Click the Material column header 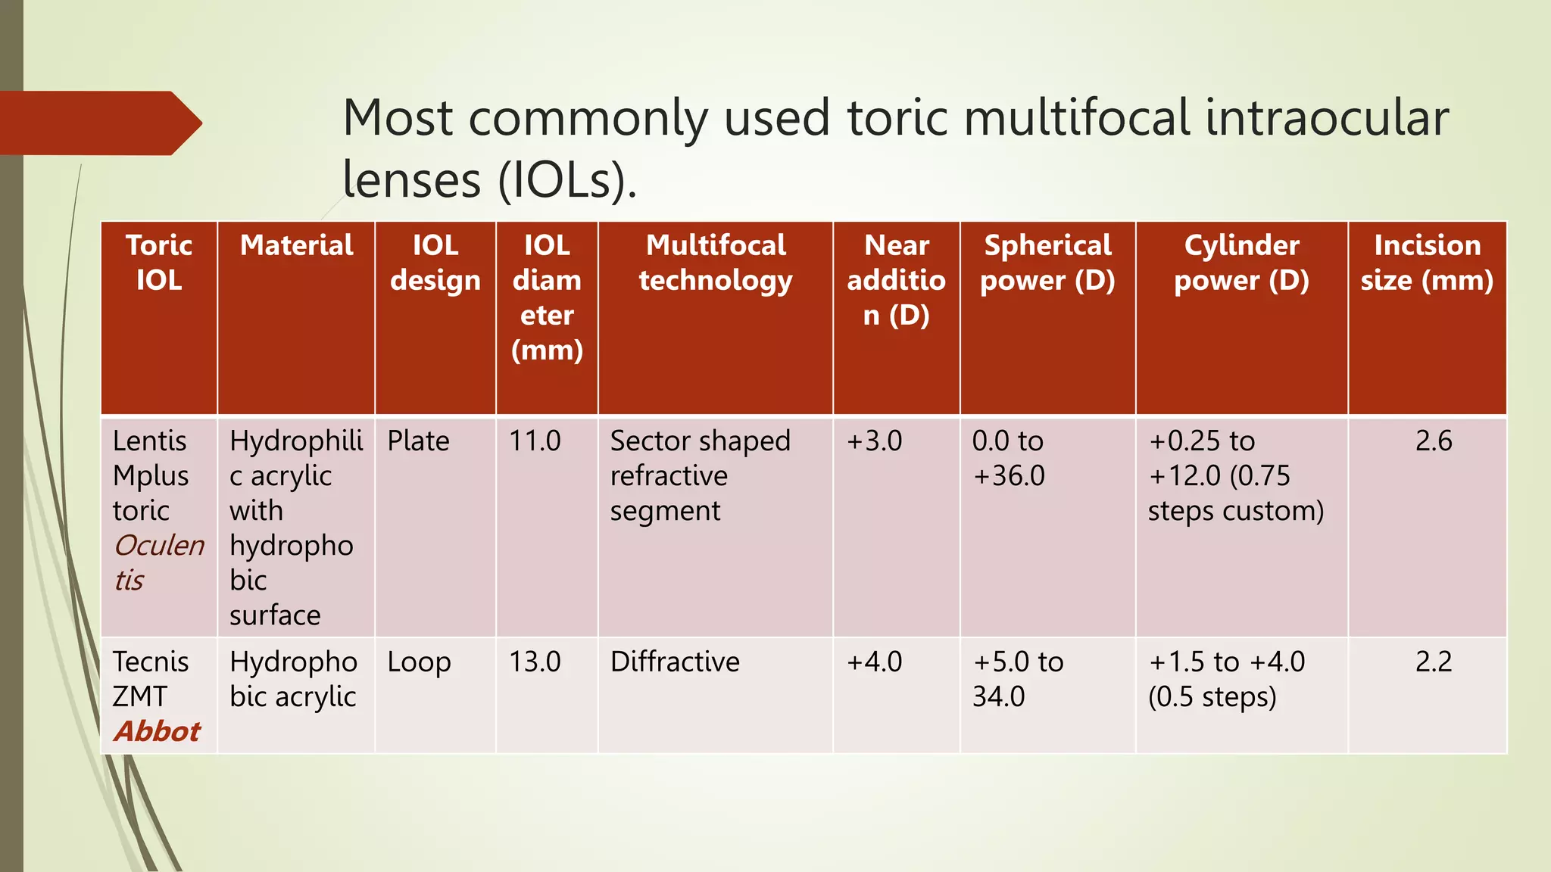(x=296, y=246)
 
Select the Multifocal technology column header (x=716, y=263)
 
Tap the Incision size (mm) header (x=1427, y=263)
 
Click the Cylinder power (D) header (x=1241, y=263)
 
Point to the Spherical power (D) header (x=1047, y=263)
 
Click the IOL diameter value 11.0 (x=535, y=441)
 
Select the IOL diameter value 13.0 (x=535, y=662)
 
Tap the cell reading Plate (x=418, y=441)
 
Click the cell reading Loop (x=419, y=662)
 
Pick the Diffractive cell (x=675, y=662)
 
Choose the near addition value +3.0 (x=874, y=441)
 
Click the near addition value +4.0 (x=874, y=662)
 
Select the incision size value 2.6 (x=1434, y=441)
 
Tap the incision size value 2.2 (x=1434, y=662)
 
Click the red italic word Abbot (x=158, y=732)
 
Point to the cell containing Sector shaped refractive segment (x=700, y=476)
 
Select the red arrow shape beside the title (x=98, y=123)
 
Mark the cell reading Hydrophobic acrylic (x=294, y=679)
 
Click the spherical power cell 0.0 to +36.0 (x=1008, y=459)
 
